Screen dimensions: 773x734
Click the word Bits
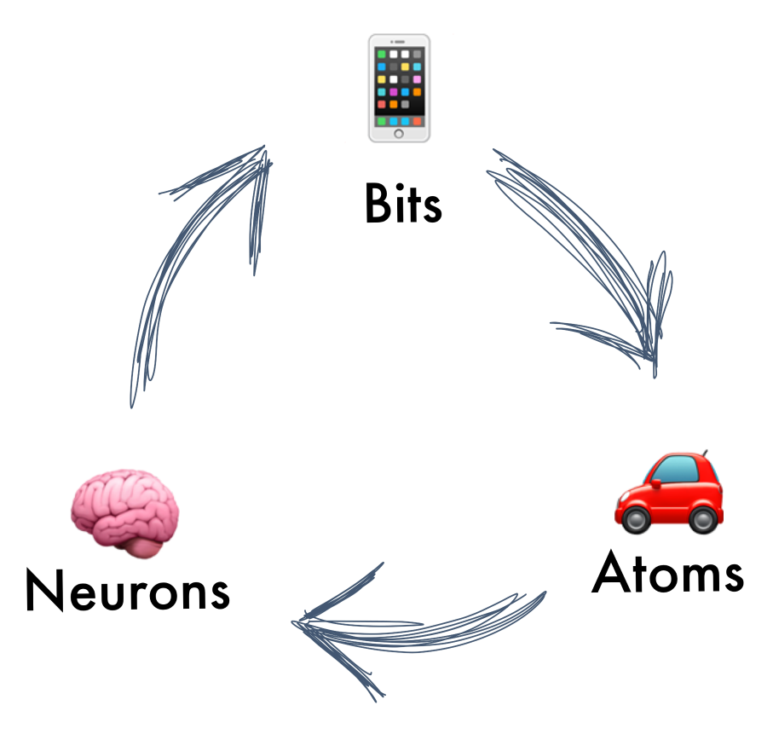[403, 203]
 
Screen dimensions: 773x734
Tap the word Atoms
[667, 572]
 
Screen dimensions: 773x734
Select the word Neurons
[128, 589]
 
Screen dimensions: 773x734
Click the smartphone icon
[400, 89]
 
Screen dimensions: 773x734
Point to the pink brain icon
[124, 513]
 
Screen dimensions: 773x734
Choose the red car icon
[669, 492]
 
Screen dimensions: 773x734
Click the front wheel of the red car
[636, 519]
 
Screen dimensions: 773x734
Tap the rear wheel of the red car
[703, 519]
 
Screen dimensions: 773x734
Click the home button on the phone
[399, 134]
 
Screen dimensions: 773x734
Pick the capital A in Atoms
[611, 572]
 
